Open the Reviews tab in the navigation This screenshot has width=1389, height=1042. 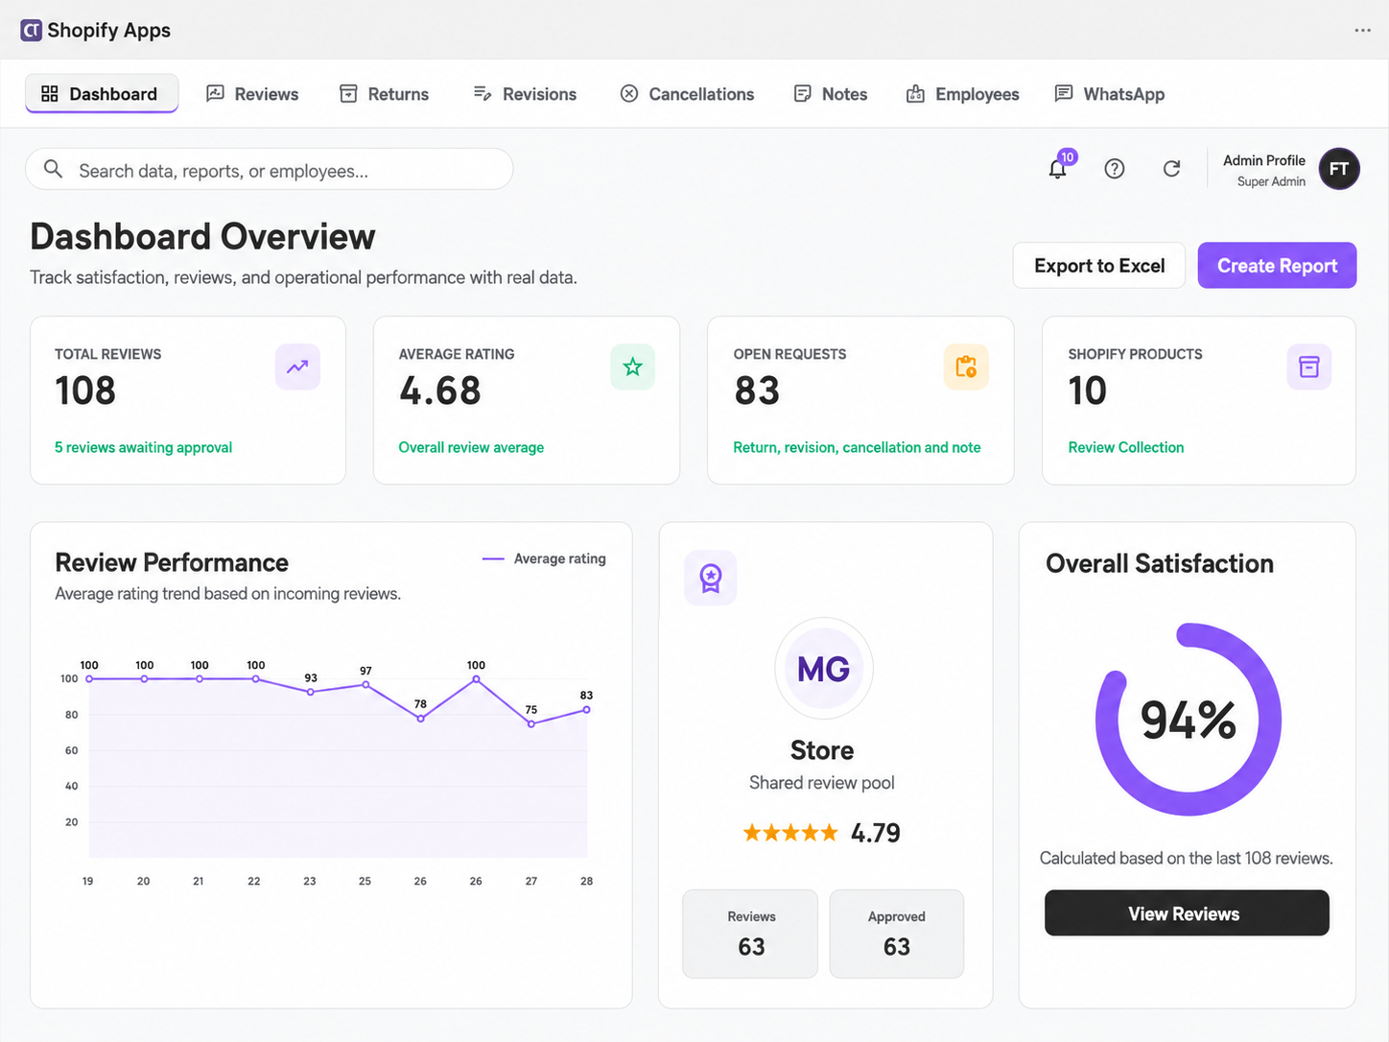click(252, 94)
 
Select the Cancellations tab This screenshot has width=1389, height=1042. click(687, 94)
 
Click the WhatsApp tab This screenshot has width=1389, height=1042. click(1110, 94)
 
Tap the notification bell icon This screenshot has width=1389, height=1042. click(1057, 169)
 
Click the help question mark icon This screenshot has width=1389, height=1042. click(1115, 169)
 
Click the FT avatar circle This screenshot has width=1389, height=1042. click(1339, 169)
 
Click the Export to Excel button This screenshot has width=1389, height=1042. click(1099, 266)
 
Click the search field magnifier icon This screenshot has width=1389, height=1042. click(53, 169)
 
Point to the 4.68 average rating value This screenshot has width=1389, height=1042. click(440, 390)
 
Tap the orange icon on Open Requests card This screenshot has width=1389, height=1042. click(966, 367)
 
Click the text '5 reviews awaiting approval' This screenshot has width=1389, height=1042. click(144, 447)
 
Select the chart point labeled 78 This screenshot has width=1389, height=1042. click(421, 719)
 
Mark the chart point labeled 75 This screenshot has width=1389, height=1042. click(531, 724)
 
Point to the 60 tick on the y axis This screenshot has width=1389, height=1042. click(72, 750)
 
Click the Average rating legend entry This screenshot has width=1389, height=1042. click(544, 558)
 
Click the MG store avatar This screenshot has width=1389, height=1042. click(823, 669)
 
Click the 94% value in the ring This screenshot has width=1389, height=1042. click(1189, 720)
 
